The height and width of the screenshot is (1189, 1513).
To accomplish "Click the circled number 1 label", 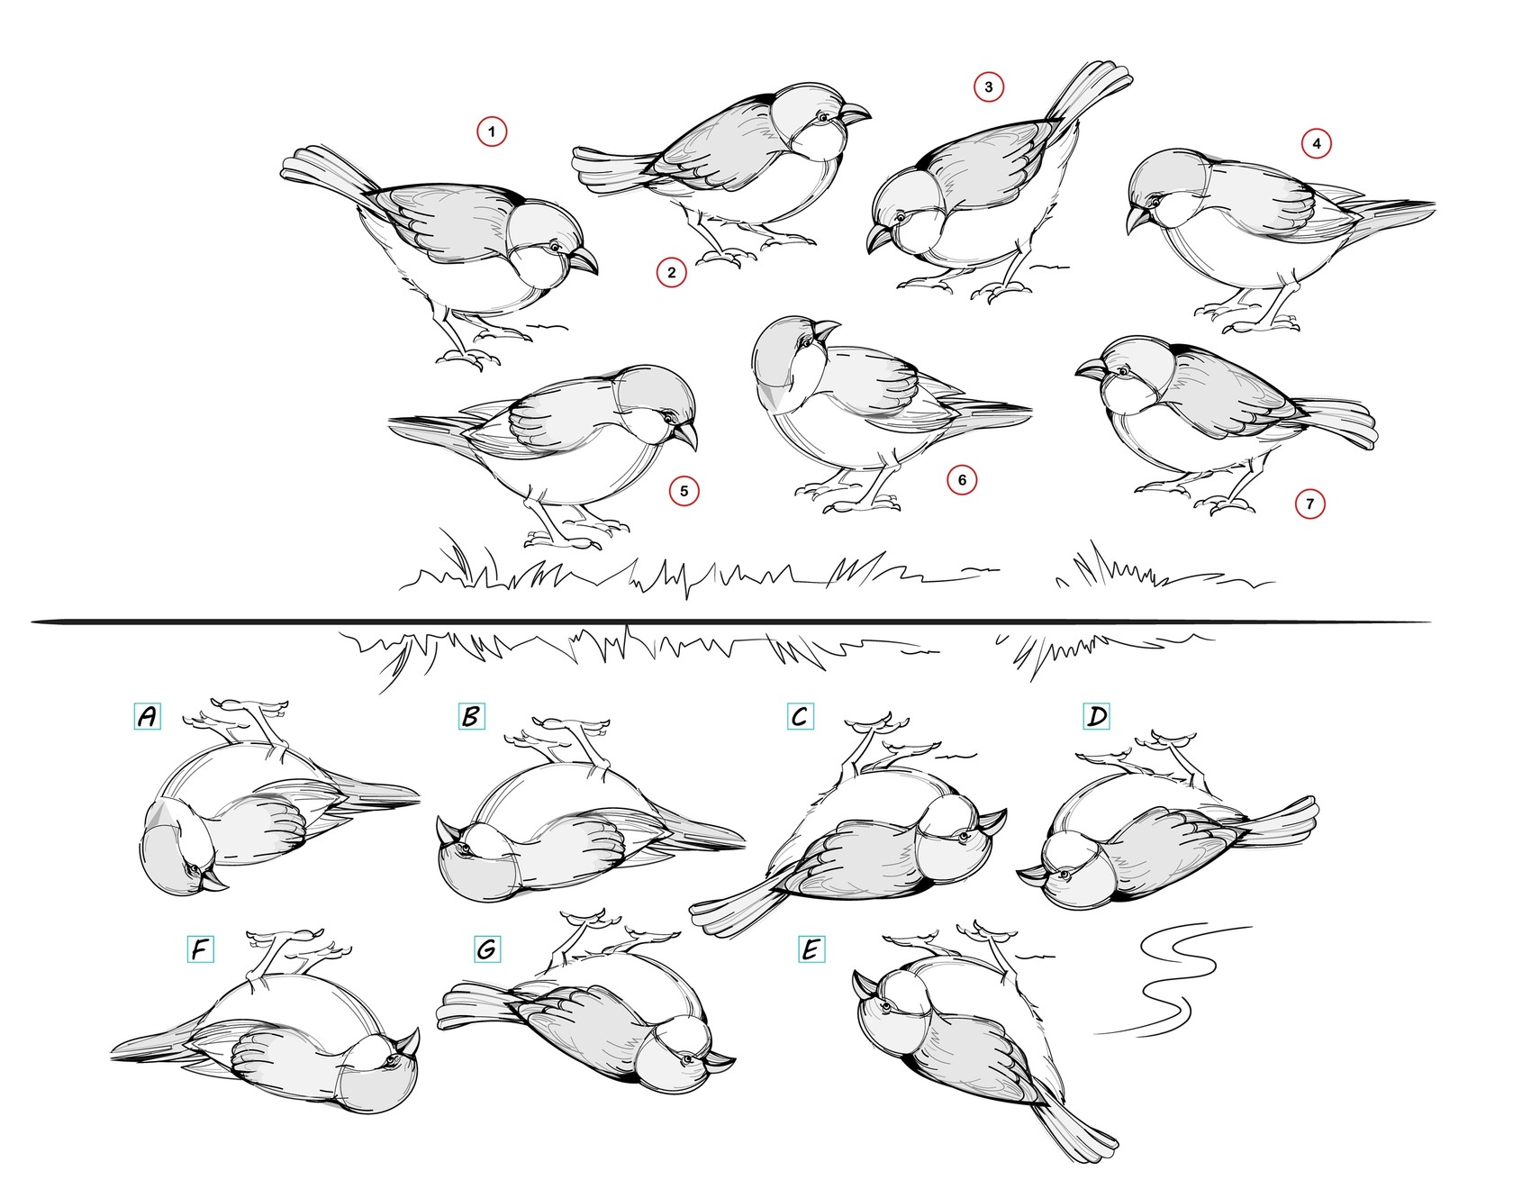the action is (x=492, y=132).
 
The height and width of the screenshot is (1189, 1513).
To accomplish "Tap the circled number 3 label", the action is (x=989, y=87).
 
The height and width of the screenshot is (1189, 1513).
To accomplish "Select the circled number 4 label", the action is (x=1317, y=143).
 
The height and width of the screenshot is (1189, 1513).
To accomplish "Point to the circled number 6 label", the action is (x=962, y=480).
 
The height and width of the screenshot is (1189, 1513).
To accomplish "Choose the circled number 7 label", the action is (x=1309, y=504).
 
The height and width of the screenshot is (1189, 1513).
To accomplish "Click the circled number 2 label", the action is (x=671, y=271).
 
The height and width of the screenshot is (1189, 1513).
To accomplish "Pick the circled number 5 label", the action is (x=684, y=491).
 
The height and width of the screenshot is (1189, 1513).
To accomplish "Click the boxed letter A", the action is (x=147, y=716).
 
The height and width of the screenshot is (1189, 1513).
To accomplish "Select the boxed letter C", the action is (x=800, y=716).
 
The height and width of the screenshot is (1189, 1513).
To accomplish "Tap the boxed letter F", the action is (x=200, y=949).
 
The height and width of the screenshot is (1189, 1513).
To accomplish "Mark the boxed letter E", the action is (x=811, y=949).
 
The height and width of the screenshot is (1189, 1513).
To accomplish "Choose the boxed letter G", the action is (x=486, y=949).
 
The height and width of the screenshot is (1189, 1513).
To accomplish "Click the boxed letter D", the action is (x=1096, y=716).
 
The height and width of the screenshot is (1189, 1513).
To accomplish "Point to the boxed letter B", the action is (x=470, y=716).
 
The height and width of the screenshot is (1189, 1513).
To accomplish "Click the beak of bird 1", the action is (x=584, y=262).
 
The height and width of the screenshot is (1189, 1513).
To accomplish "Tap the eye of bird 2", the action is (x=821, y=117).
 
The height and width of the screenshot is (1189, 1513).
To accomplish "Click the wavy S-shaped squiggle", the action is (x=1171, y=982).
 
